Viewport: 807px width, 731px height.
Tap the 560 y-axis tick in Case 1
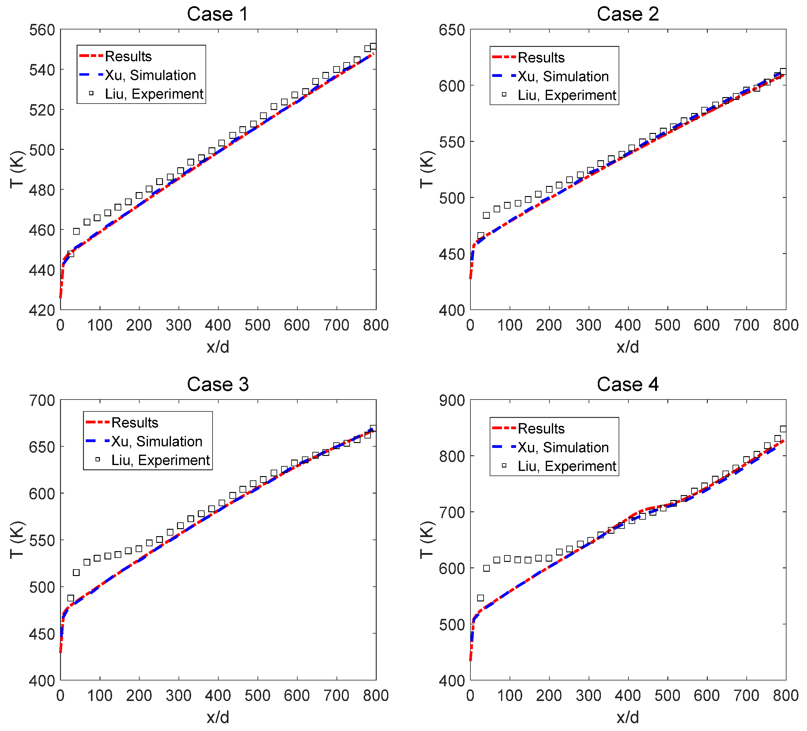pyautogui.click(x=42, y=30)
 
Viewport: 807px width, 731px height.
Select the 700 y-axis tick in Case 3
pyautogui.click(x=42, y=400)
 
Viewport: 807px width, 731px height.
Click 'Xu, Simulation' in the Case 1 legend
pyautogui.click(x=150, y=75)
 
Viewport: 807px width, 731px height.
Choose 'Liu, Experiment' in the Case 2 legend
pyautogui.click(x=567, y=95)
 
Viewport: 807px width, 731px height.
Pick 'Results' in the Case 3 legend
pyautogui.click(x=134, y=422)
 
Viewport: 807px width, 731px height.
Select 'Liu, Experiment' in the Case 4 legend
pyautogui.click(x=567, y=466)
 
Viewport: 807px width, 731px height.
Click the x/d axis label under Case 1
pyautogui.click(x=218, y=347)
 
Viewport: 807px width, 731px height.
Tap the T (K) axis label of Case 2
pyautogui.click(x=427, y=169)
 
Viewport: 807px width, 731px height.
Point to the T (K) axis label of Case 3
pyautogui.click(x=17, y=540)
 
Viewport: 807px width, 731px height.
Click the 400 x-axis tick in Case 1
pyautogui.click(x=218, y=325)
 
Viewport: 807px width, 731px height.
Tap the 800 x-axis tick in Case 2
pyautogui.click(x=785, y=325)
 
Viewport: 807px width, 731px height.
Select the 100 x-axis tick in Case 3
pyautogui.click(x=100, y=695)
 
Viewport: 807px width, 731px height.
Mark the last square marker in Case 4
pyautogui.click(x=783, y=429)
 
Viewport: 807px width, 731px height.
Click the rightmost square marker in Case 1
pyautogui.click(x=373, y=46)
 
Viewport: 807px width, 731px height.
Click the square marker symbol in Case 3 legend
pyautogui.click(x=97, y=460)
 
